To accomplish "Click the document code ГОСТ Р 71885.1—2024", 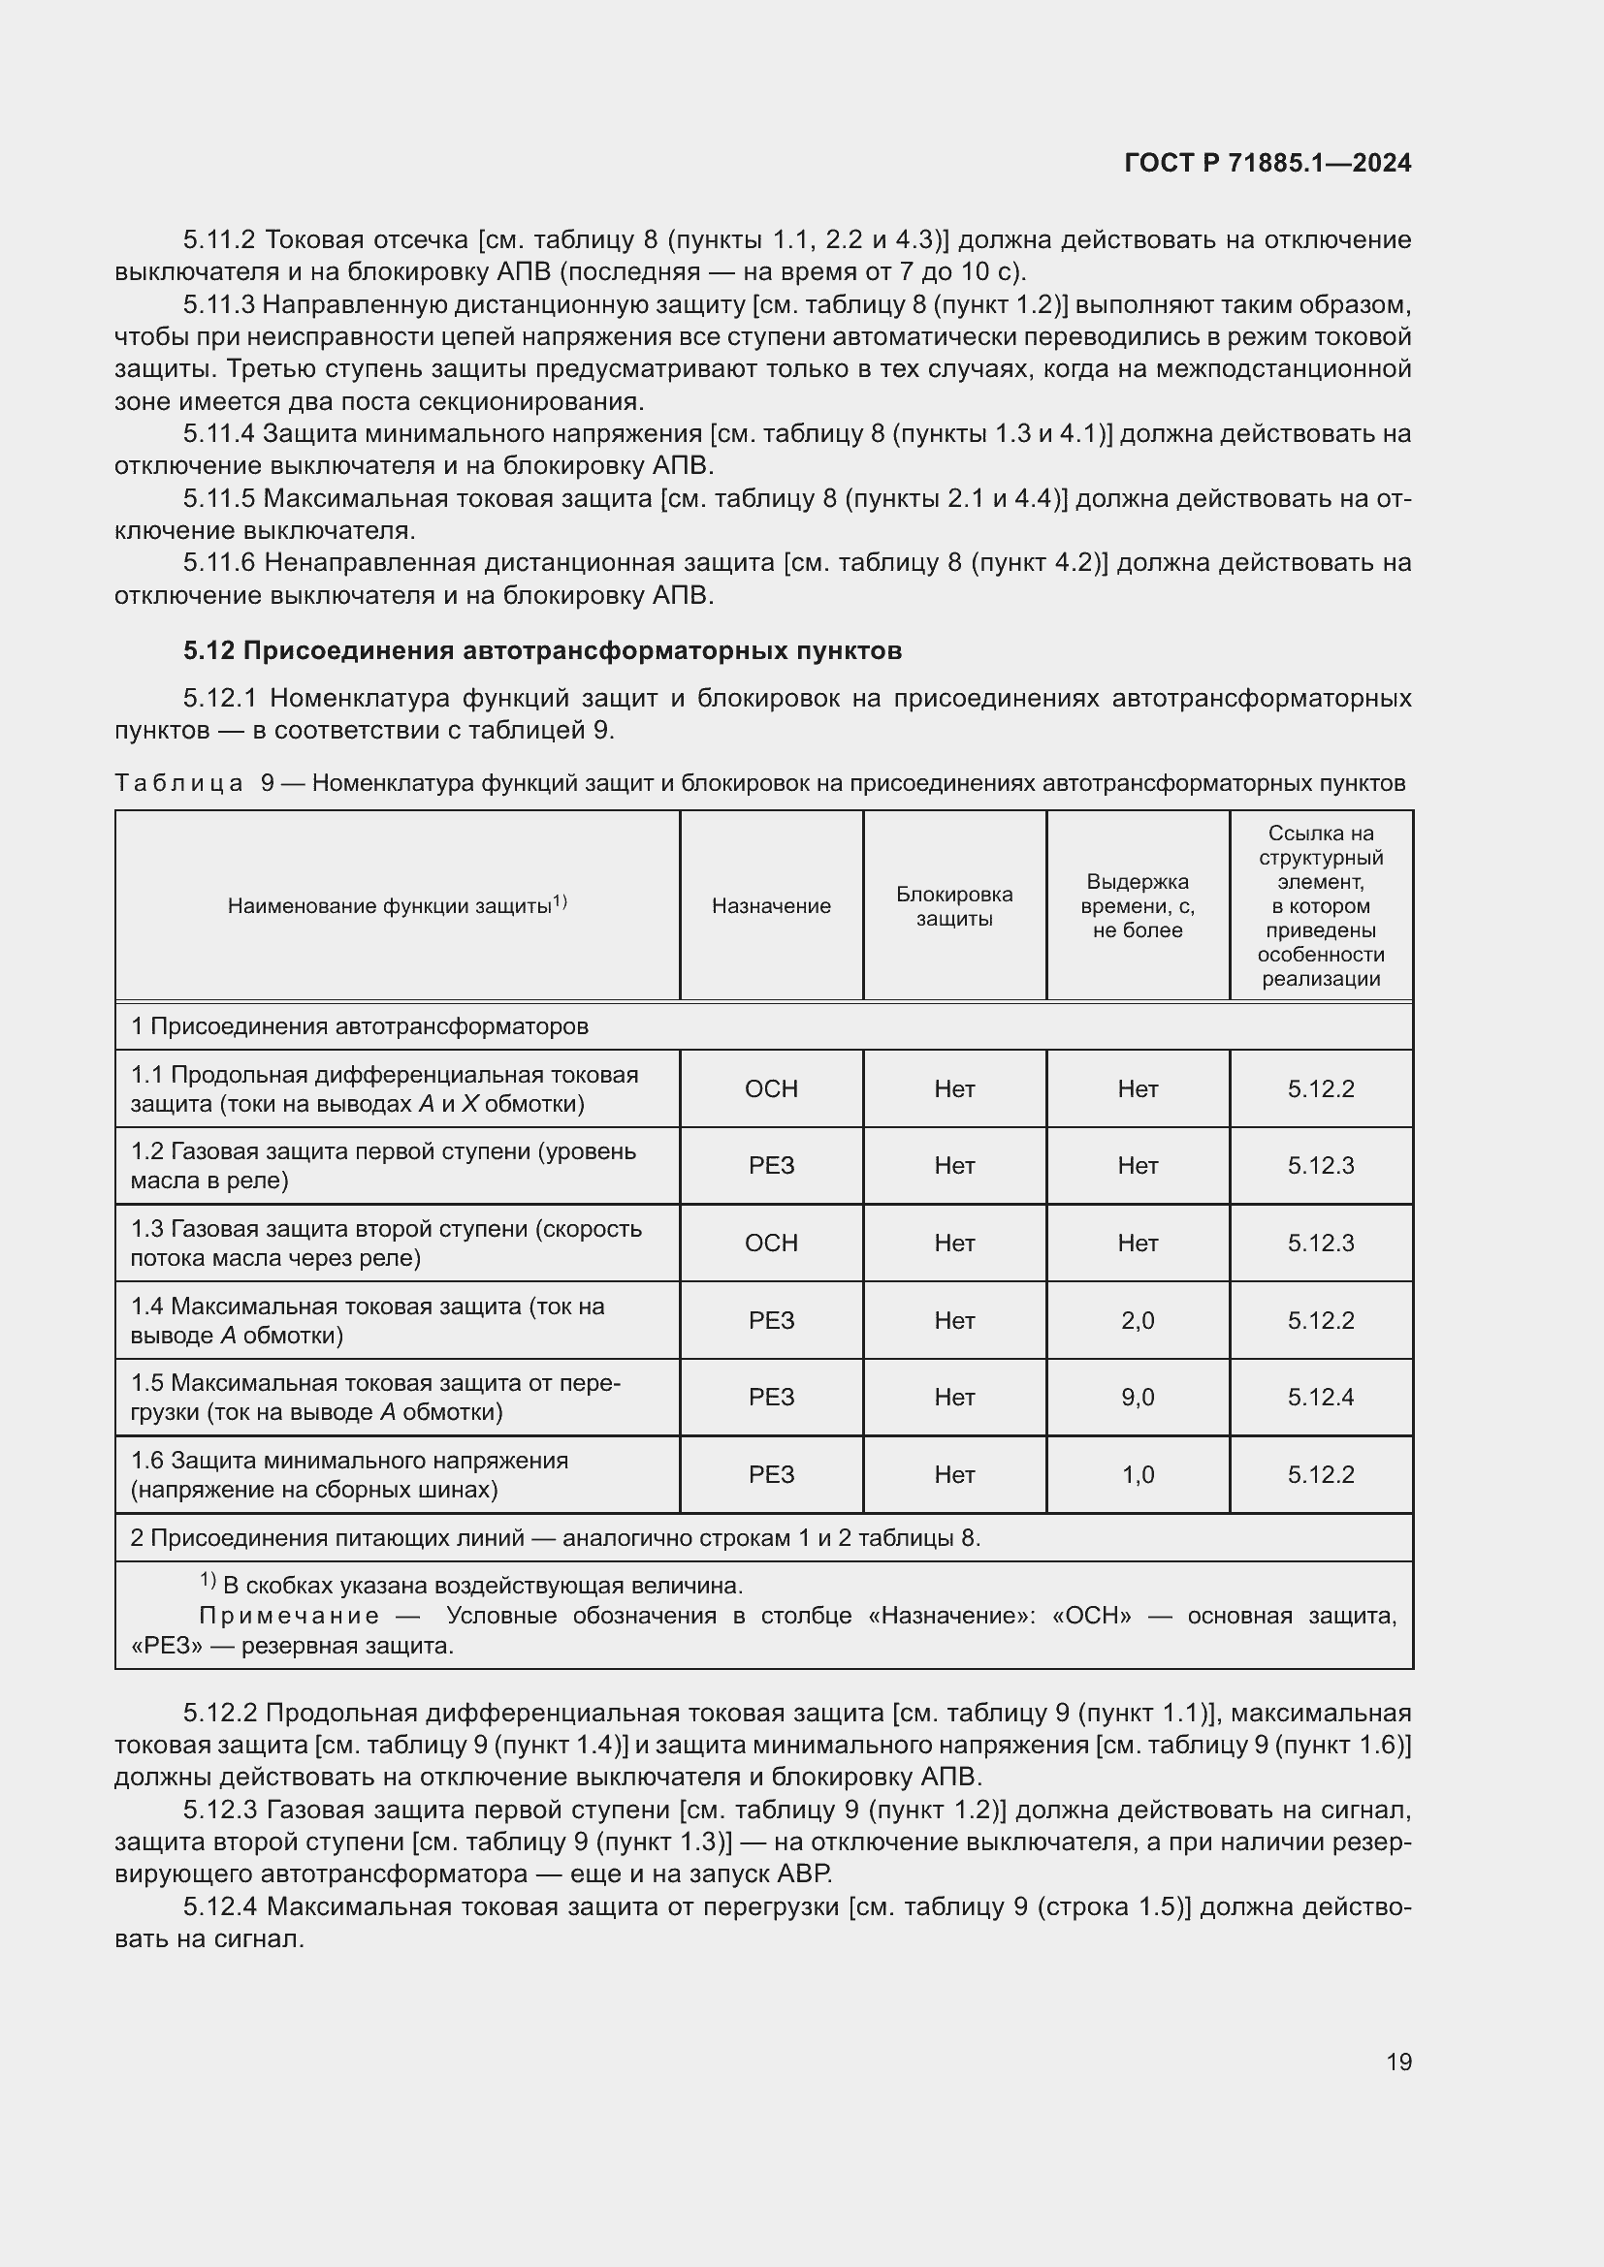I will coord(1267,164).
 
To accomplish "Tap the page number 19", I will coord(1398,2062).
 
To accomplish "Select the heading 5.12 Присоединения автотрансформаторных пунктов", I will coord(542,650).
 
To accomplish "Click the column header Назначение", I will coord(770,906).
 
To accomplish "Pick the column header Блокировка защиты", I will coord(954,906).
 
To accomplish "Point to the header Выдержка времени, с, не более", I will coord(1137,906).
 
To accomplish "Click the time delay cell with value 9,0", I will coord(1137,1398).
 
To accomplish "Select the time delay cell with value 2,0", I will coord(1137,1320).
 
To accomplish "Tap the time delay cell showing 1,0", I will coord(1137,1474).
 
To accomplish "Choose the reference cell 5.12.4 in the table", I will coord(1321,1398).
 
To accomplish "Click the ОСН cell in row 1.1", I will coord(770,1089).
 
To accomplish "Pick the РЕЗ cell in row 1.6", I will coord(770,1474).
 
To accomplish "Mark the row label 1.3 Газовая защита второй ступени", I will coord(386,1244).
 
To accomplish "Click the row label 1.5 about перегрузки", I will coord(375,1398).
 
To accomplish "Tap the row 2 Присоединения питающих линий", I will coord(555,1538).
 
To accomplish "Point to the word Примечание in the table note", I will coord(289,1617).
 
